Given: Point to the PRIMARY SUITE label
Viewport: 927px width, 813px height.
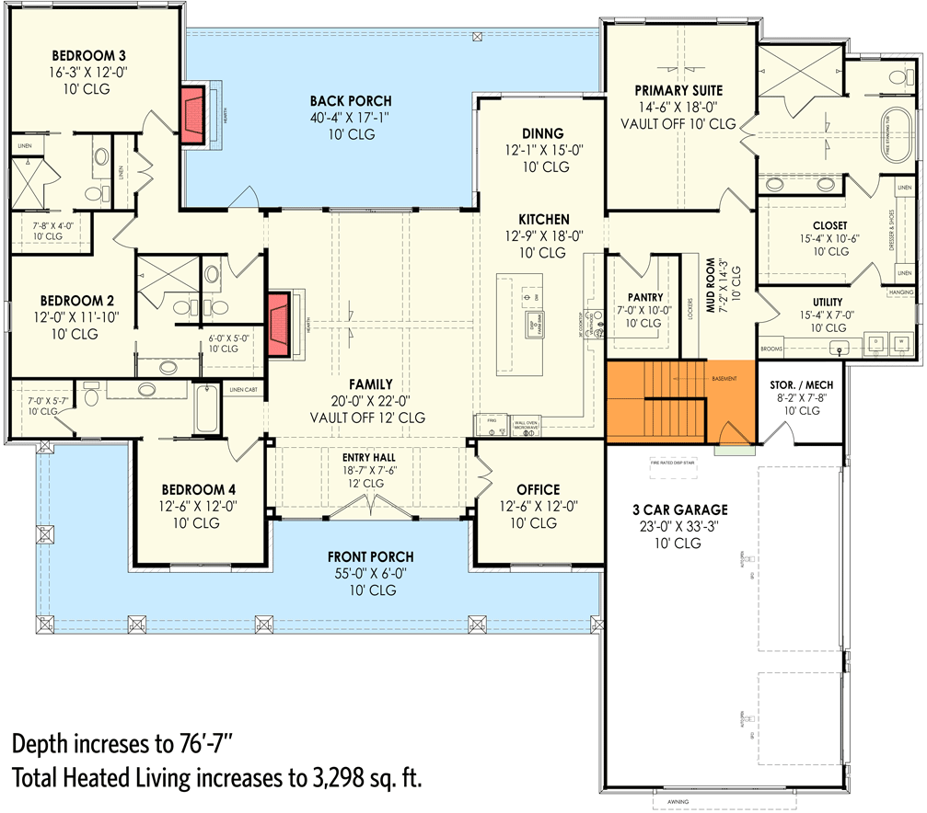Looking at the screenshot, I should tap(678, 90).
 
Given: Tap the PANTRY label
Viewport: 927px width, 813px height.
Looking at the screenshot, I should tap(643, 297).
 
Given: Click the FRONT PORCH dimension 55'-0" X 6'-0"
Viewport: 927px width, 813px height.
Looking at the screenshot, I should tap(370, 573).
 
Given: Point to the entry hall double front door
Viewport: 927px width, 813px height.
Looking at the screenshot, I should tap(370, 505).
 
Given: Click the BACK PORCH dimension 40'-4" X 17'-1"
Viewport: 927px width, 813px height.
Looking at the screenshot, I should tap(350, 118).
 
